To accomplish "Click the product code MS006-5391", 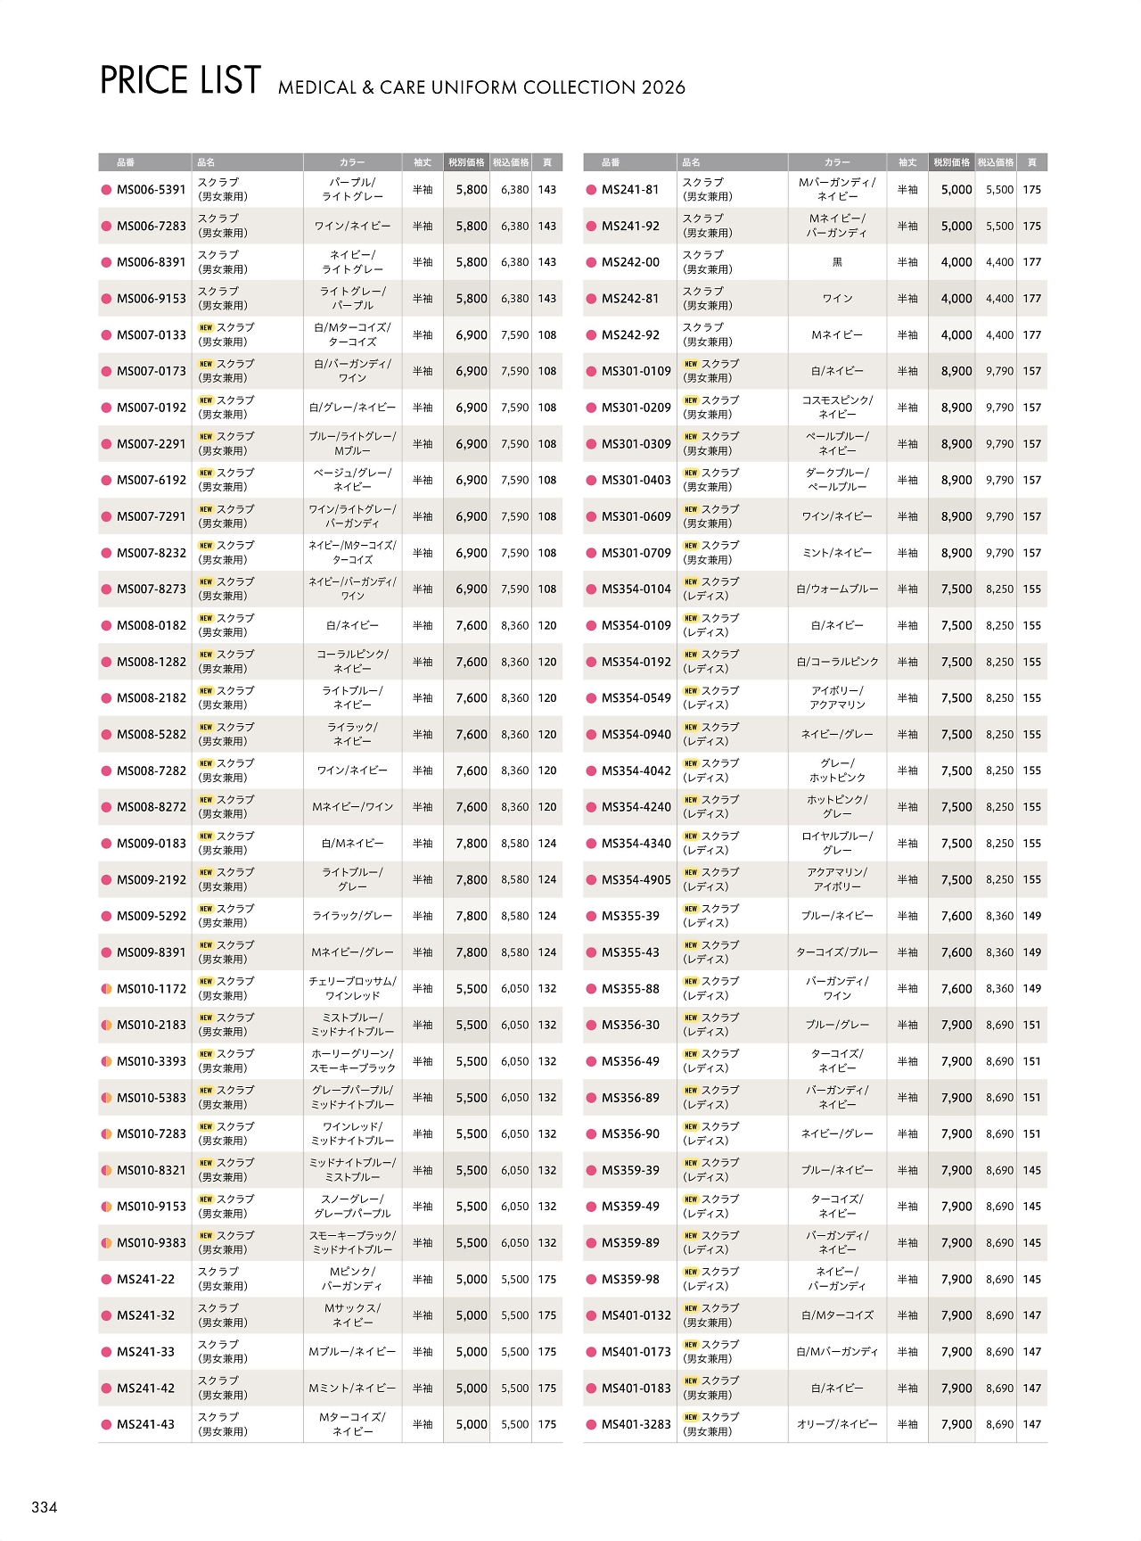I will (x=151, y=190).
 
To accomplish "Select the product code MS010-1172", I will (x=151, y=989).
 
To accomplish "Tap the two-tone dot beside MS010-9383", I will (x=106, y=1243).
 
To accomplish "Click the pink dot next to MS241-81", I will (x=590, y=190).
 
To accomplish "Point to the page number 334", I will (x=45, y=1507).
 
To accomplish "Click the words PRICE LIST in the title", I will (x=180, y=81).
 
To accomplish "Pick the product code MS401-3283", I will (x=636, y=1425).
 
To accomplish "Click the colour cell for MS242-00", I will (x=837, y=262).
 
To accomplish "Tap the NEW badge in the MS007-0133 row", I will (x=206, y=328).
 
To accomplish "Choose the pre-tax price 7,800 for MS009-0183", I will (x=472, y=844).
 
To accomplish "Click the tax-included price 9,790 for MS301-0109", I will (x=999, y=371).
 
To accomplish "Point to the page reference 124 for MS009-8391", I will (x=547, y=952).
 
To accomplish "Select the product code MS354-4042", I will (x=636, y=770).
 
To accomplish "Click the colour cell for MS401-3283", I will (x=837, y=1425).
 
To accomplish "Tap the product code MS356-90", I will (x=630, y=1134).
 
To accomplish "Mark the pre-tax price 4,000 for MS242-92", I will (x=956, y=335).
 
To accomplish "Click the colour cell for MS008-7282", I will (x=352, y=770).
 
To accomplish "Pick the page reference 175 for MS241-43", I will (x=547, y=1425).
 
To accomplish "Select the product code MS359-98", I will (x=630, y=1280).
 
